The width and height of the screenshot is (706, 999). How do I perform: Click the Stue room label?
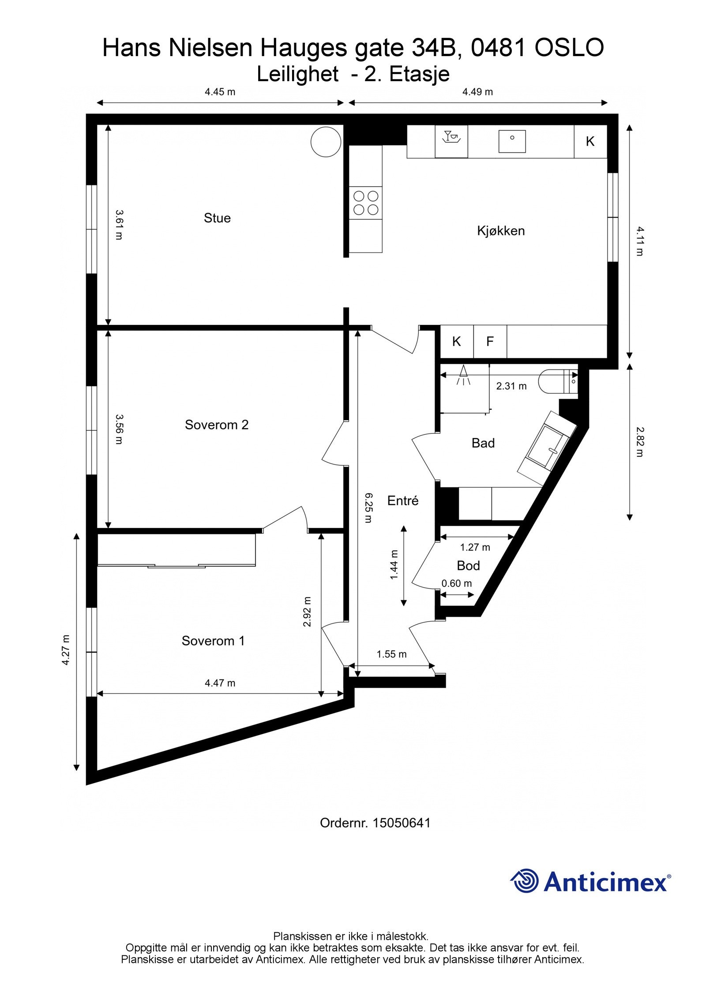point(217,218)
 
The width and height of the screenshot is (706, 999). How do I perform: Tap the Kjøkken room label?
point(501,231)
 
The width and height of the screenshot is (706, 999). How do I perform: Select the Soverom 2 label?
point(217,425)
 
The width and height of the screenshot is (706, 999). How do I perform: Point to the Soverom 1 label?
point(213,641)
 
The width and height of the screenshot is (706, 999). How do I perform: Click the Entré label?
point(402,501)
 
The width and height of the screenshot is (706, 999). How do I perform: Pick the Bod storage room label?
point(468,565)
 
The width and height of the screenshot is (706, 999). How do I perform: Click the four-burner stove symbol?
point(366,203)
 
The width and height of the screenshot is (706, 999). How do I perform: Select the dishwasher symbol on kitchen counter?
point(451,141)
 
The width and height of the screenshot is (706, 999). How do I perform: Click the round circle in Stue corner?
point(326,142)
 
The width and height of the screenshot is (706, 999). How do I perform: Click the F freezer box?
point(490,341)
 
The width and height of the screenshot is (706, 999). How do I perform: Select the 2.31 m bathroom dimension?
point(511,386)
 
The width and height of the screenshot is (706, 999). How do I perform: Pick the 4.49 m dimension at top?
point(477,92)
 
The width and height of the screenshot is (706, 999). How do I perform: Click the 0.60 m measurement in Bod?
point(457,583)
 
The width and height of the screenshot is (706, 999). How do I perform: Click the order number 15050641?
point(401,823)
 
